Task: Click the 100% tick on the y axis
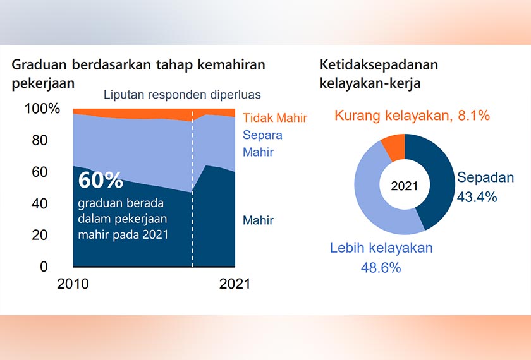[x=42, y=109]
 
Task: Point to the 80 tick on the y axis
[x=40, y=140]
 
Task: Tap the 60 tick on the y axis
[x=40, y=172]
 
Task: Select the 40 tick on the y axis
[x=40, y=203]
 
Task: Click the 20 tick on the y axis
[x=40, y=235]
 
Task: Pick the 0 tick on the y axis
[x=44, y=267]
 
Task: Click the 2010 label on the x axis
[x=73, y=284]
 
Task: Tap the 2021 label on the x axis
[x=235, y=284]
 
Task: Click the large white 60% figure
[x=101, y=180]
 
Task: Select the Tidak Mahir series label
[x=275, y=117]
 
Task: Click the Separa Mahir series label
[x=262, y=143]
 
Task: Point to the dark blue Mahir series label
[x=258, y=220]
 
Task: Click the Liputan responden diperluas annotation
[x=182, y=95]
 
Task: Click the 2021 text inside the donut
[x=405, y=186]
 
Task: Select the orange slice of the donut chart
[x=394, y=147]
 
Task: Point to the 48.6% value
[x=381, y=267]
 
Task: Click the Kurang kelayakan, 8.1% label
[x=412, y=116]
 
